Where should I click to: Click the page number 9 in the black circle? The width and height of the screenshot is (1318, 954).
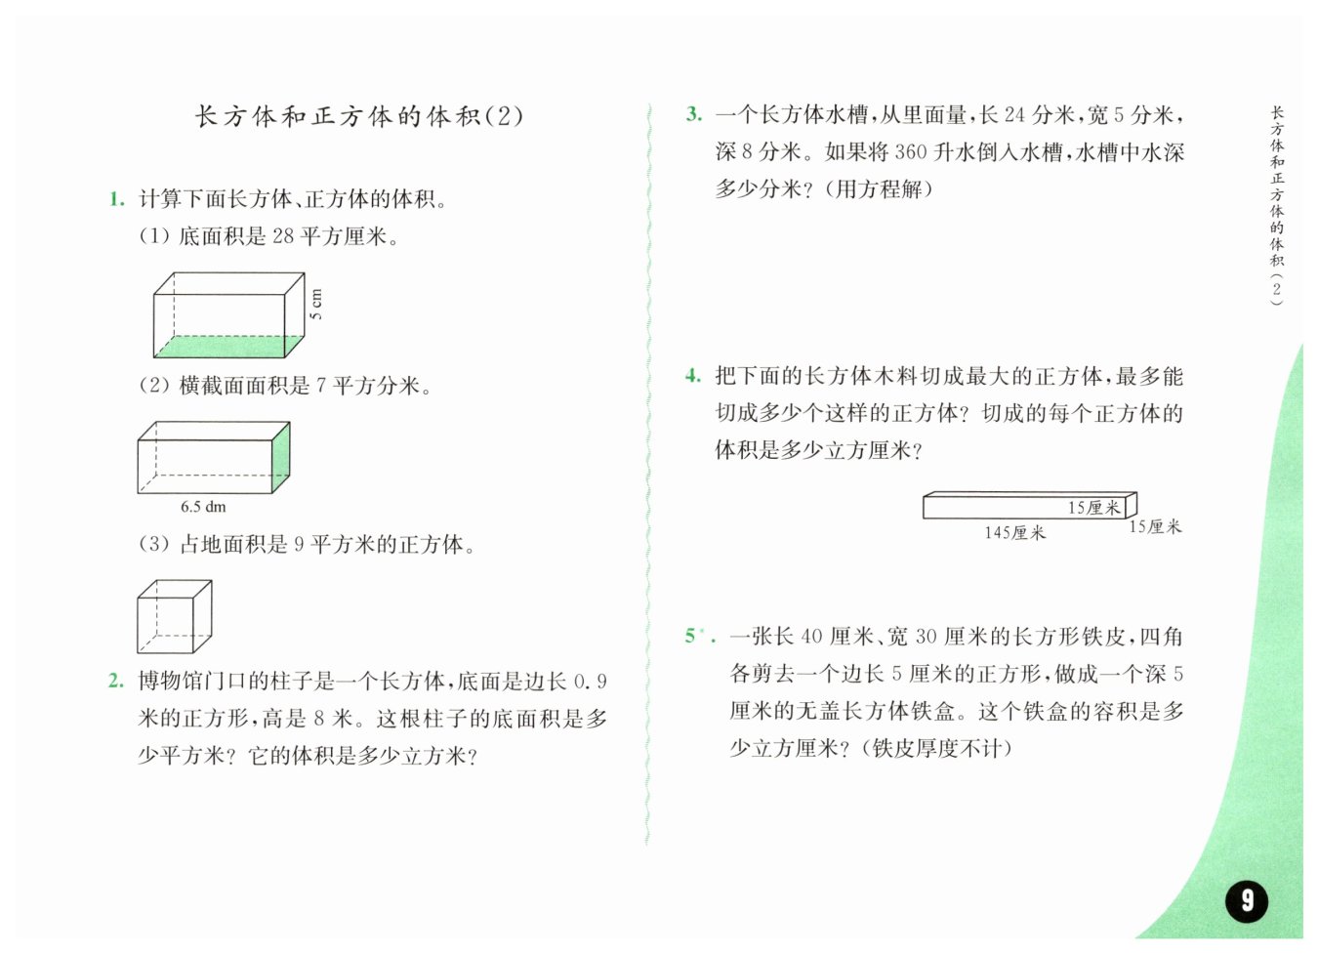pyautogui.click(x=1247, y=899)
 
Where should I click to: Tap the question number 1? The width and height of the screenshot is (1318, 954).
pyautogui.click(x=116, y=200)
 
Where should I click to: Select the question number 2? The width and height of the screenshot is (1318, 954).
pyautogui.click(x=116, y=682)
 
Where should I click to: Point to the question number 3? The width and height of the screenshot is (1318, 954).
pyautogui.click(x=693, y=114)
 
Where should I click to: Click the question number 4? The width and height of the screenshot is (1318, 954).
pyautogui.click(x=693, y=376)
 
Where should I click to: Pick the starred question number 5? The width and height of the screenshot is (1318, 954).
pyautogui.click(x=694, y=637)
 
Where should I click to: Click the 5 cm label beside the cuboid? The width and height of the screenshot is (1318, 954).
pyautogui.click(x=316, y=305)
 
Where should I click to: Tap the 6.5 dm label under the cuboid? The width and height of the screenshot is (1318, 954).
pyautogui.click(x=203, y=507)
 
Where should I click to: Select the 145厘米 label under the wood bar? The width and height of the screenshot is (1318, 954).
pyautogui.click(x=1014, y=533)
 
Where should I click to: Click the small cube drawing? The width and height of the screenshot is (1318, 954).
pyautogui.click(x=174, y=617)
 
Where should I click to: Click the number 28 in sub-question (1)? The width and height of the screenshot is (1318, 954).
pyautogui.click(x=282, y=236)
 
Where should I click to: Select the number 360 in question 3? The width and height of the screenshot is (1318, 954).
pyautogui.click(x=910, y=152)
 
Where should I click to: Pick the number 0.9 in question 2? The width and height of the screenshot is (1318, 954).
pyautogui.click(x=590, y=682)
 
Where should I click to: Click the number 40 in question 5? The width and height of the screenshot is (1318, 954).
pyautogui.click(x=811, y=637)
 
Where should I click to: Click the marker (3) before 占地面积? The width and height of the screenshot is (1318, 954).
pyautogui.click(x=154, y=544)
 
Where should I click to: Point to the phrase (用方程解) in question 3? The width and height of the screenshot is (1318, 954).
pyautogui.click(x=879, y=189)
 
